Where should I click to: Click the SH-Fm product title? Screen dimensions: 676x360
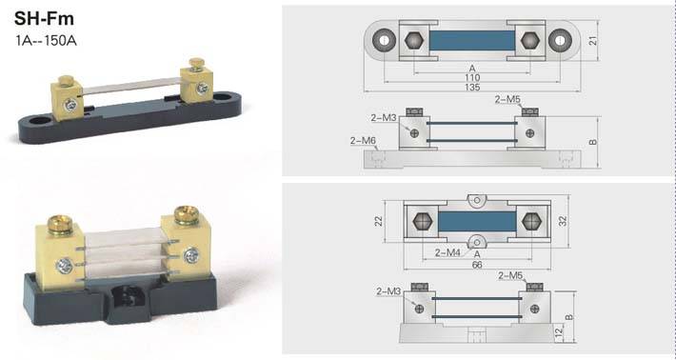[x=44, y=18]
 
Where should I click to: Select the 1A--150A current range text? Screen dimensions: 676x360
[x=46, y=41]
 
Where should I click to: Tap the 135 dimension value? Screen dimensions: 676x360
[x=472, y=87]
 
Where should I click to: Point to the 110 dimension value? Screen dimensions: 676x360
[x=472, y=77]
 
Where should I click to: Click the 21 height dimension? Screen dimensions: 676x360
[x=593, y=40]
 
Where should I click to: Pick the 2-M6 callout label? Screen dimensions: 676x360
[x=363, y=141]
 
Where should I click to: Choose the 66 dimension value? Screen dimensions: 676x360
[x=477, y=265]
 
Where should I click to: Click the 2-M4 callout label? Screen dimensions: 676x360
[x=447, y=252]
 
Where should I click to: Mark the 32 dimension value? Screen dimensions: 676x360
[x=563, y=221]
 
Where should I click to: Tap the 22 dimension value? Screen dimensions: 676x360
[x=378, y=221]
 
